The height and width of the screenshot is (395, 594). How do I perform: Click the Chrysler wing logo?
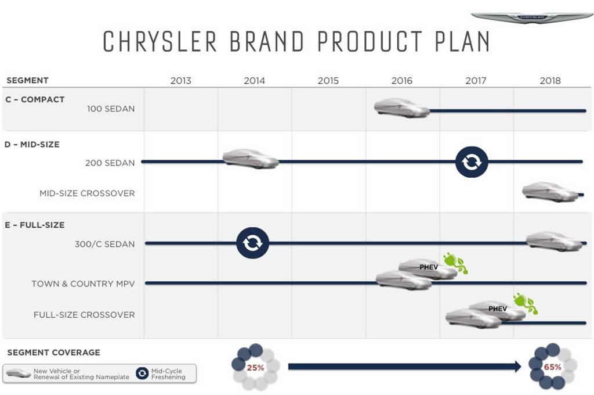(x=531, y=17)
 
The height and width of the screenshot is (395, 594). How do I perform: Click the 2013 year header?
(x=181, y=80)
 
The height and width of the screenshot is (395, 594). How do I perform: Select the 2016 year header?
(x=401, y=80)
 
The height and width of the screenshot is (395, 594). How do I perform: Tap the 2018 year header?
(x=550, y=80)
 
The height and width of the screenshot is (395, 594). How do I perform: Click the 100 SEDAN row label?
(x=111, y=109)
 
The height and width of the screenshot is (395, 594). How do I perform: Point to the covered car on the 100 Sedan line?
(x=402, y=108)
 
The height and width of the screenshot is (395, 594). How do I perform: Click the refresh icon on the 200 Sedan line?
(x=472, y=162)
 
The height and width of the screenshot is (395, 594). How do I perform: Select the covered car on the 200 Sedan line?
(x=251, y=159)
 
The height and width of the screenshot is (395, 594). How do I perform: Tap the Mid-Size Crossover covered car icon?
(x=550, y=192)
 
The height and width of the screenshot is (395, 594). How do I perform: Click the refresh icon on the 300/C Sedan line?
(x=253, y=243)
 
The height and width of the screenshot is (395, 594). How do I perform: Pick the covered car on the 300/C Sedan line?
(x=554, y=241)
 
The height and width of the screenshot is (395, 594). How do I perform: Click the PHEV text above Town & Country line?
(x=429, y=267)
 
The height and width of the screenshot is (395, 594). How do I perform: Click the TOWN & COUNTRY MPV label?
(x=83, y=284)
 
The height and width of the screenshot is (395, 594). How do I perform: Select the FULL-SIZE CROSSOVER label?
(x=84, y=315)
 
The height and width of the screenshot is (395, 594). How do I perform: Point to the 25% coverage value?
(x=255, y=368)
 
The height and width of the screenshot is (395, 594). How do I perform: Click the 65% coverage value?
(x=552, y=367)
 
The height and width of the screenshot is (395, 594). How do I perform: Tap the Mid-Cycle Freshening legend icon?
(x=142, y=374)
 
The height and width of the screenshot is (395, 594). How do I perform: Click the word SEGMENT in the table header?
(x=28, y=80)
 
